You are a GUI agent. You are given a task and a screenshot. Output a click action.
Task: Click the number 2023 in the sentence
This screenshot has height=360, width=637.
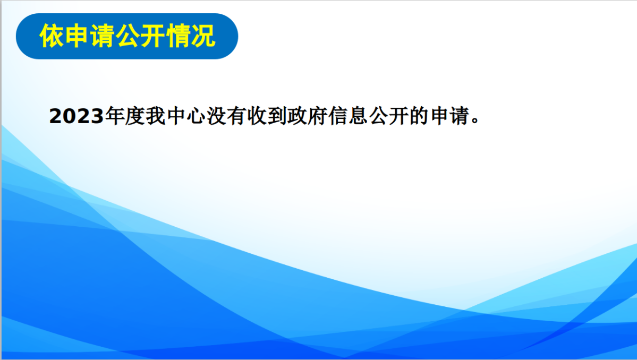[x=77, y=116]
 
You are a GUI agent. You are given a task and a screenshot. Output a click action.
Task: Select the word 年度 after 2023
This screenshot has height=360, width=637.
[x=125, y=116]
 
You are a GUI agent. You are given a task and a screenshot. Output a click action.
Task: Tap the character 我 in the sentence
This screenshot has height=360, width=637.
[x=156, y=116]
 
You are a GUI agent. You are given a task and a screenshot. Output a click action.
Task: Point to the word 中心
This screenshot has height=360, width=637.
[x=186, y=116]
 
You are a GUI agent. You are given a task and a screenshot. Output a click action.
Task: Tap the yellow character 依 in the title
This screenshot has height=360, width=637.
[x=52, y=36]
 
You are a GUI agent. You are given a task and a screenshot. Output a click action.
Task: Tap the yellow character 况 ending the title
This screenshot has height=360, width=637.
[x=203, y=36]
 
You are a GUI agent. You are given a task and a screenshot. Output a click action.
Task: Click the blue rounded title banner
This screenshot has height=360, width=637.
[x=127, y=36]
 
